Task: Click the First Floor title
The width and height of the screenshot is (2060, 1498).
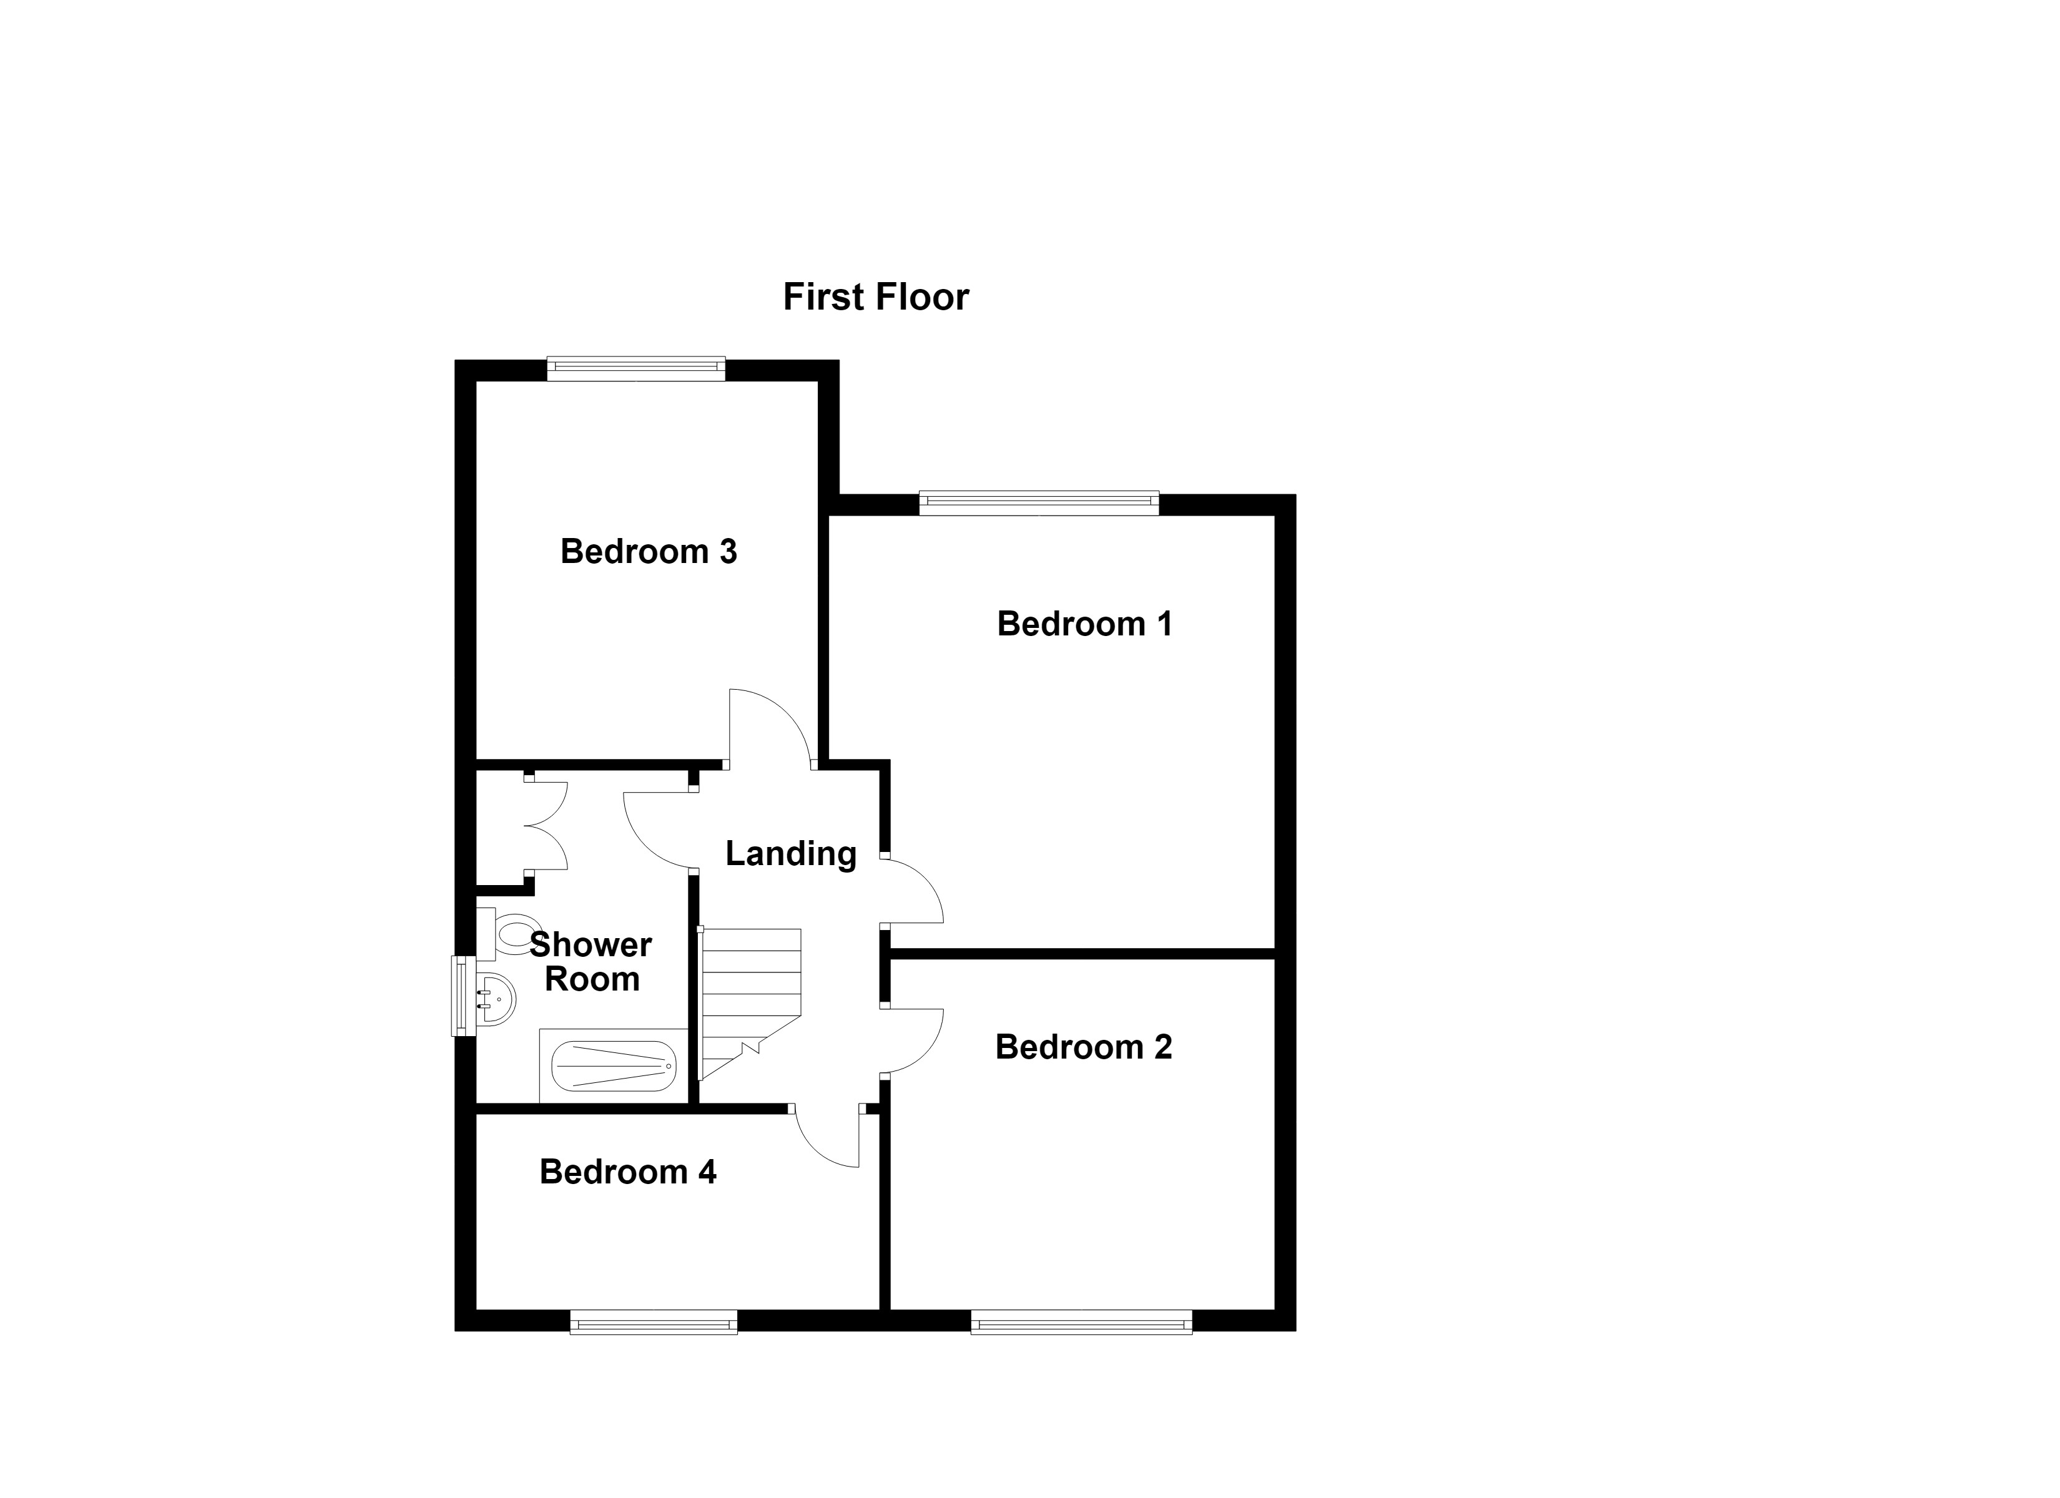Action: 876,297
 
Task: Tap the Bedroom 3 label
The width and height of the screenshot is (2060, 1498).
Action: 649,551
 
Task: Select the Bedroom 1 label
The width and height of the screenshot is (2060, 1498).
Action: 1084,624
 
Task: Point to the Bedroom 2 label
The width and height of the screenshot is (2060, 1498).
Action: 1084,1047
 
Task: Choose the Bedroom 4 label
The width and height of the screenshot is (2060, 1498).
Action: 627,1172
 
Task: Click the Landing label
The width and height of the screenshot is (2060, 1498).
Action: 791,854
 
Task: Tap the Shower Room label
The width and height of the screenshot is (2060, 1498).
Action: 591,962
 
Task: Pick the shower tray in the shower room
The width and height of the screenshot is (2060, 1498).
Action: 614,1065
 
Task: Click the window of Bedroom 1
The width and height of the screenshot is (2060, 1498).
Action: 1039,502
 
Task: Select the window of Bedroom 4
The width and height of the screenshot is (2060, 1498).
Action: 654,1322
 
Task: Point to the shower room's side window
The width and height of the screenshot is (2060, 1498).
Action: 464,996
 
